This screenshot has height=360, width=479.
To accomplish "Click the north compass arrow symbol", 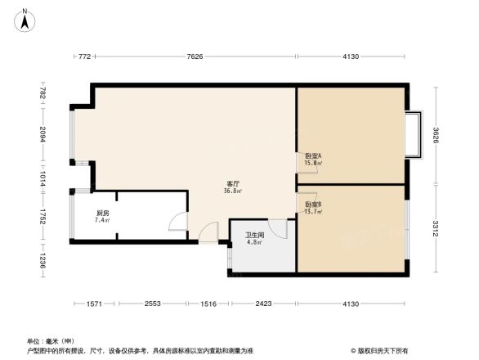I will pyautogui.click(x=25, y=18).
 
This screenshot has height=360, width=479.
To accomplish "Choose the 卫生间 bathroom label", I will pyautogui.click(x=254, y=238).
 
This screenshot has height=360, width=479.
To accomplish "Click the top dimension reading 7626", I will pyautogui.click(x=195, y=56).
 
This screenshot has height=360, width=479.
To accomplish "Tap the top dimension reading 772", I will pyautogui.click(x=83, y=56).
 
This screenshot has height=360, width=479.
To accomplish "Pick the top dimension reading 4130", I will pyautogui.click(x=351, y=56).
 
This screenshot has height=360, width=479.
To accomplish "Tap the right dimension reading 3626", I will pyautogui.click(x=436, y=133).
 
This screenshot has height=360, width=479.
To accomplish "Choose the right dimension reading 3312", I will pyautogui.click(x=436, y=227).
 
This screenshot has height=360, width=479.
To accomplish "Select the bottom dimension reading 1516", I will pyautogui.click(x=208, y=304).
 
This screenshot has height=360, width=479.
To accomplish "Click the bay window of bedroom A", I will pyautogui.click(x=414, y=133).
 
